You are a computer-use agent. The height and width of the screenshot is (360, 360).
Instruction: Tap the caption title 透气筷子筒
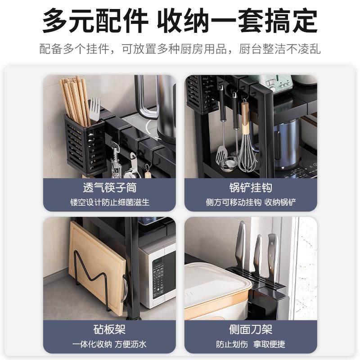(109, 187)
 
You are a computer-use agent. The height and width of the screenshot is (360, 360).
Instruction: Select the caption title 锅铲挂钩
(251, 187)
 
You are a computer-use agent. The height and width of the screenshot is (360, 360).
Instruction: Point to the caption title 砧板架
(109, 330)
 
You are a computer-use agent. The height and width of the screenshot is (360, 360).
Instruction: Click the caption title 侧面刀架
(251, 330)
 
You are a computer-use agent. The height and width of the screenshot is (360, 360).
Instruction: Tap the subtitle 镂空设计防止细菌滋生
(109, 202)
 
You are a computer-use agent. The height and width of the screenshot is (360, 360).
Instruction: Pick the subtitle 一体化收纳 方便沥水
(109, 344)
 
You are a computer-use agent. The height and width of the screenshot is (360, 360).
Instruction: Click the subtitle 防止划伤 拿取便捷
(251, 344)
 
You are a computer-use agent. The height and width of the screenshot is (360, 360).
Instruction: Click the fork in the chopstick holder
(94, 110)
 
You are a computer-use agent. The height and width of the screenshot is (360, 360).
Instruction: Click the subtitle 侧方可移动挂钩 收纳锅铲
(251, 202)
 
